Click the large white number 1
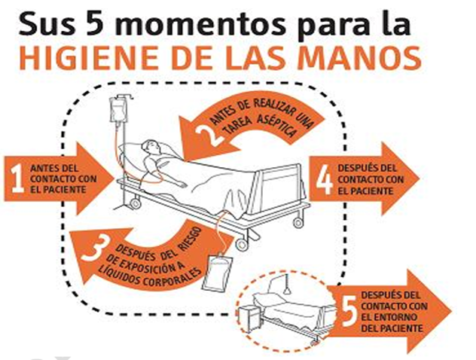click(x=17, y=178)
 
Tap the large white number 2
click(x=209, y=134)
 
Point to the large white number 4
click(x=324, y=180)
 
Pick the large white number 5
click(x=349, y=311)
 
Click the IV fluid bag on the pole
click(x=117, y=110)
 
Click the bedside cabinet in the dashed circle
click(x=250, y=319)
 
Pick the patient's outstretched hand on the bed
click(x=181, y=184)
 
